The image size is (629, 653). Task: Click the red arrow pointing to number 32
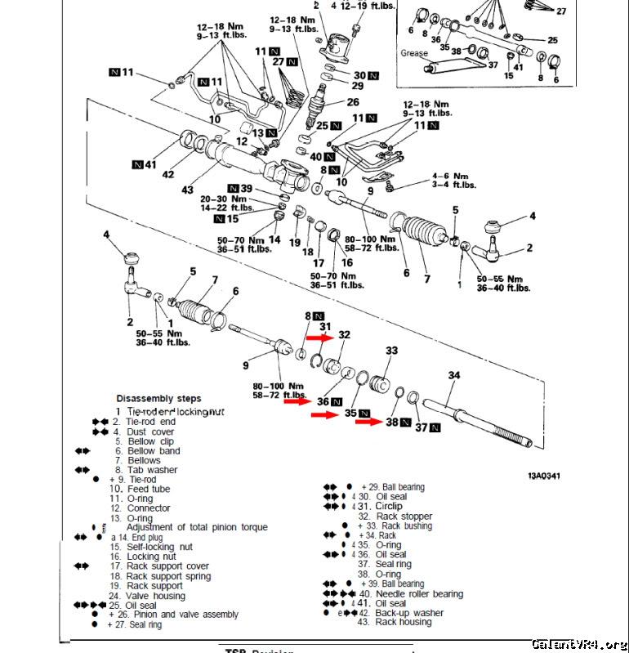[x=319, y=336]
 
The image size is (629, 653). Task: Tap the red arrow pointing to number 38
[x=368, y=423]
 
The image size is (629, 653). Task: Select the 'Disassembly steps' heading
[x=158, y=399]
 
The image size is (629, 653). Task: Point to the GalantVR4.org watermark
[x=579, y=643]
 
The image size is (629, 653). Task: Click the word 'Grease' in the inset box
[x=414, y=53]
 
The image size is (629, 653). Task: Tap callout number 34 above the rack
[x=454, y=375]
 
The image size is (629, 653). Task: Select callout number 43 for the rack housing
[x=188, y=190]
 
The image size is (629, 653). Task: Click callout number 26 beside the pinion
[x=352, y=102]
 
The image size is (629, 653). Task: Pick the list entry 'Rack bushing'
[x=404, y=526]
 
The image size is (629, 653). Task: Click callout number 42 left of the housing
[x=168, y=174]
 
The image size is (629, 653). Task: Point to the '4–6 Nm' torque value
[x=449, y=175]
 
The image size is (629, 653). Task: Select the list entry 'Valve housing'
[x=156, y=595]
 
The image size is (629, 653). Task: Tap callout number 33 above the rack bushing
[x=392, y=351]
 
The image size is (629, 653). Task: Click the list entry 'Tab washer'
[x=152, y=470]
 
